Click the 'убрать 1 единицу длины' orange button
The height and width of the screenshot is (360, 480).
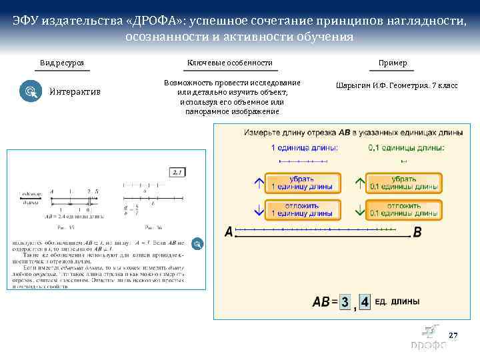[303, 183]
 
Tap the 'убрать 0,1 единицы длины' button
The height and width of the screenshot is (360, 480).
[404, 183]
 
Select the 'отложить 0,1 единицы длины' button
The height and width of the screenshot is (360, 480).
[404, 209]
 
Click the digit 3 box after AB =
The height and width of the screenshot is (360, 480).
[345, 302]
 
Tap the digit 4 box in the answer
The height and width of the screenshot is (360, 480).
[365, 302]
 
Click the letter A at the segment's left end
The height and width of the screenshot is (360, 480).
[229, 232]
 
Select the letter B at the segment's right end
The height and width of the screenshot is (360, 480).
[417, 232]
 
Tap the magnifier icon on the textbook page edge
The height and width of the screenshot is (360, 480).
[197, 244]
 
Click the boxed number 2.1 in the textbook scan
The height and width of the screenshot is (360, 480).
[177, 172]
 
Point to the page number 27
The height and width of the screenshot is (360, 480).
[453, 335]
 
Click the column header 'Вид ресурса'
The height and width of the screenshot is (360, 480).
[61, 63]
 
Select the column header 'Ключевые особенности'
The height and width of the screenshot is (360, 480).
[229, 63]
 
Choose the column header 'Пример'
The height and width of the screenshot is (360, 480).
[393, 63]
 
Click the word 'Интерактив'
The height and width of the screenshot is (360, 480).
[75, 91]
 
